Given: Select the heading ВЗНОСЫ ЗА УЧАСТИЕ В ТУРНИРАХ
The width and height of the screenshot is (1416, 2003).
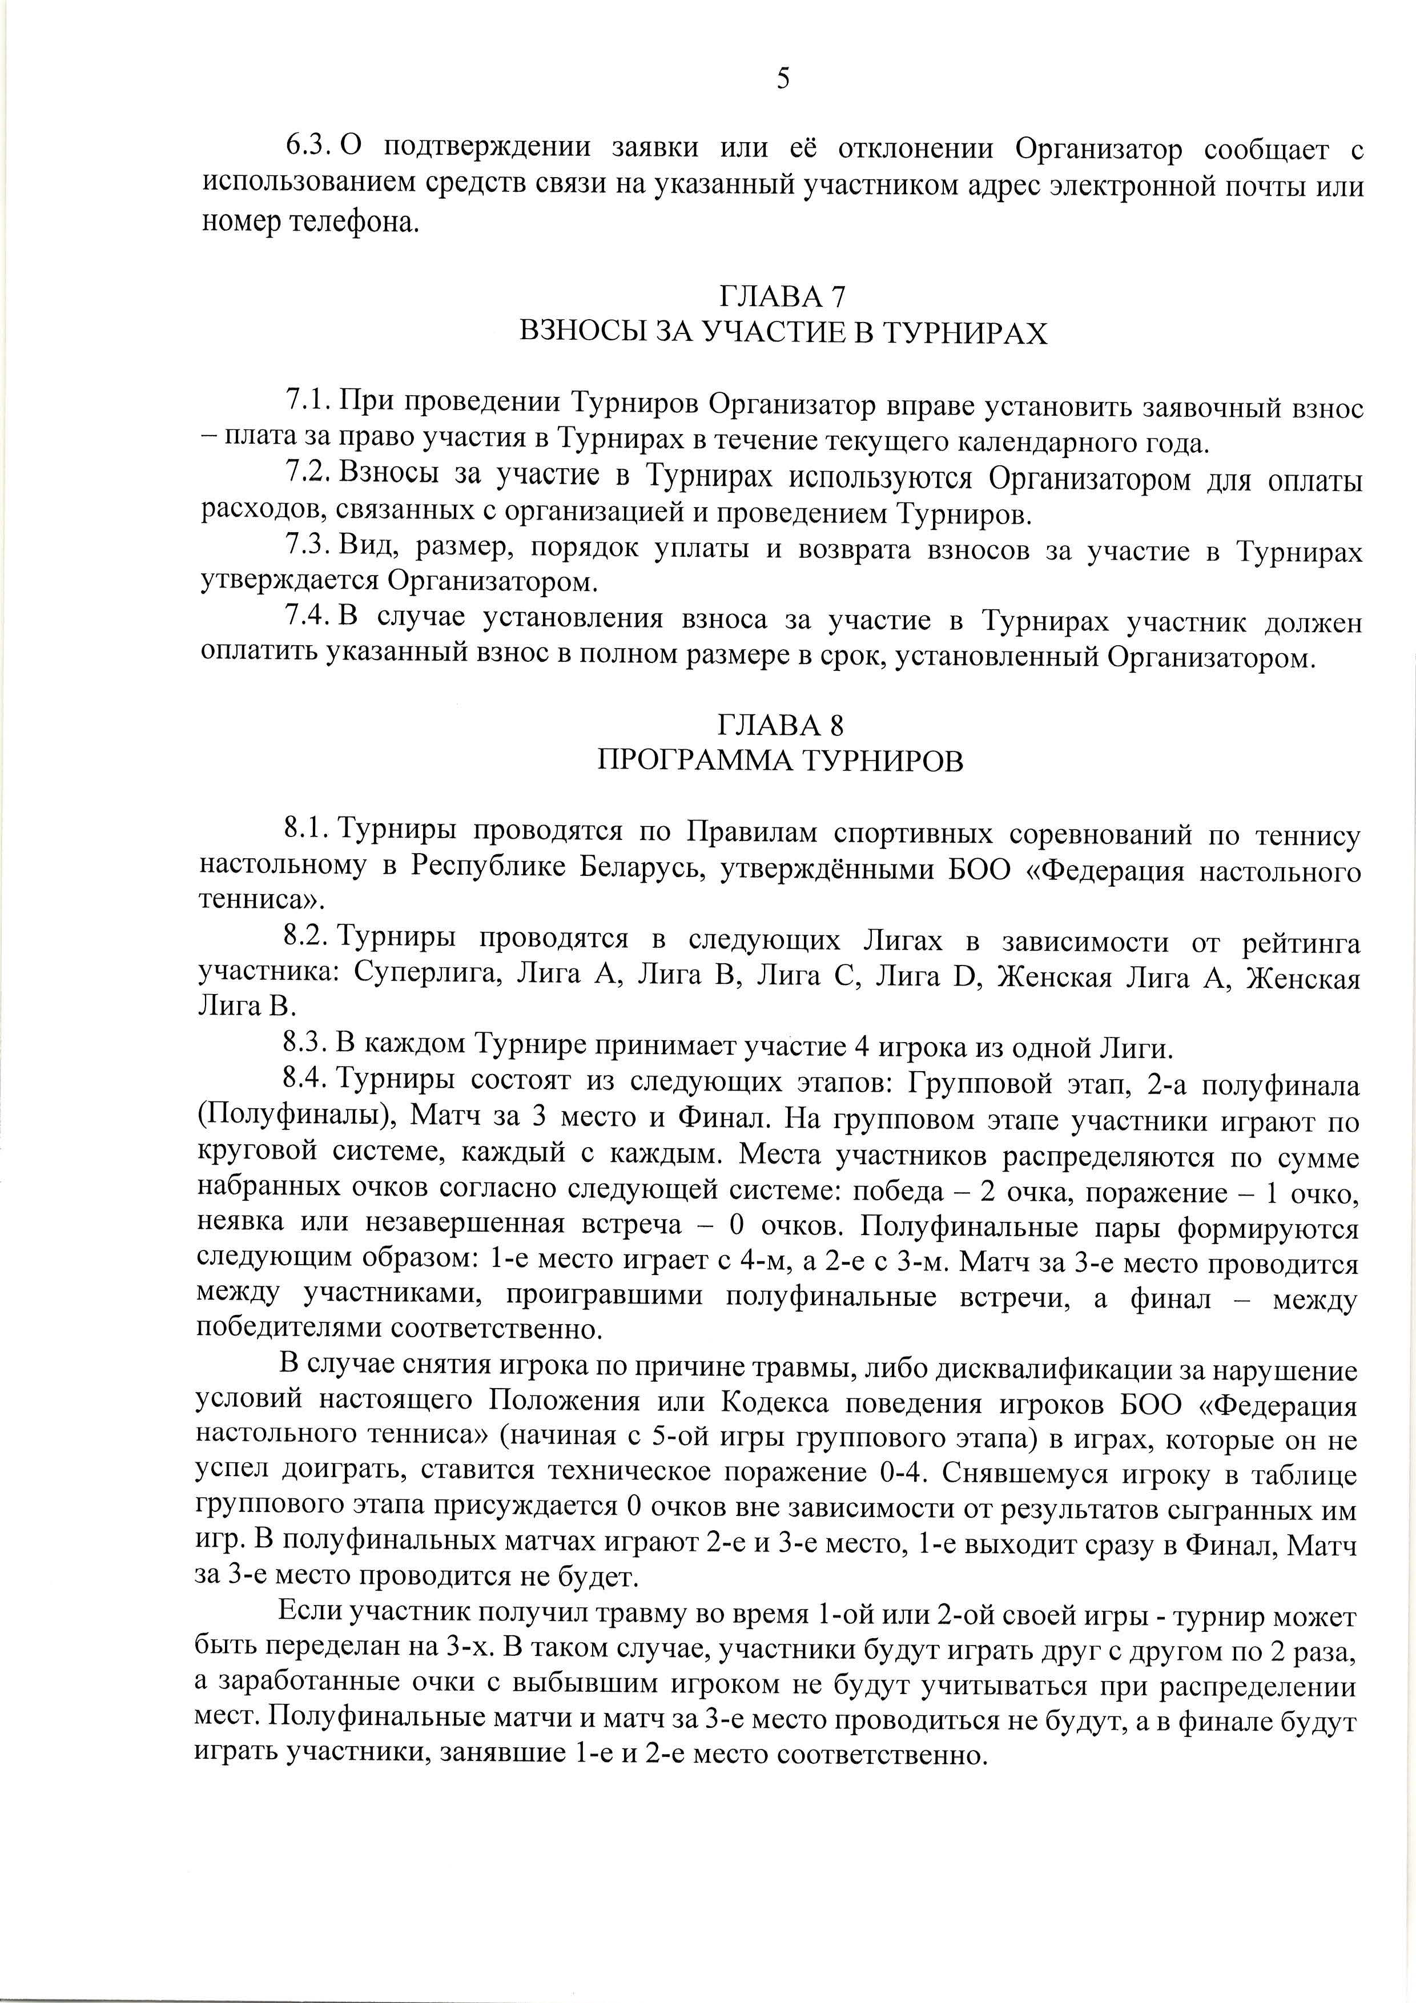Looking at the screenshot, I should (x=783, y=333).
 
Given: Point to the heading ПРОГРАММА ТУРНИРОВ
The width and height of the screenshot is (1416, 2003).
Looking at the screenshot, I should (x=781, y=761).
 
